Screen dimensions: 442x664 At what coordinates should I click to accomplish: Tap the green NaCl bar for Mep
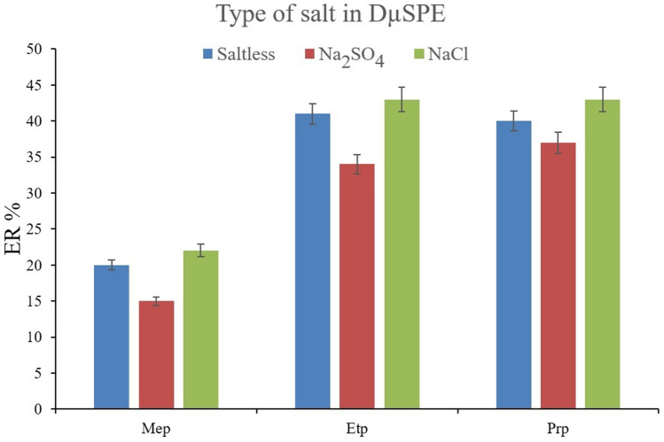click(x=200, y=330)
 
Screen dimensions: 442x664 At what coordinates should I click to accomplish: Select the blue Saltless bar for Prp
click(x=513, y=265)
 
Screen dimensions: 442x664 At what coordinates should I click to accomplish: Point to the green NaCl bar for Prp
click(x=602, y=254)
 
